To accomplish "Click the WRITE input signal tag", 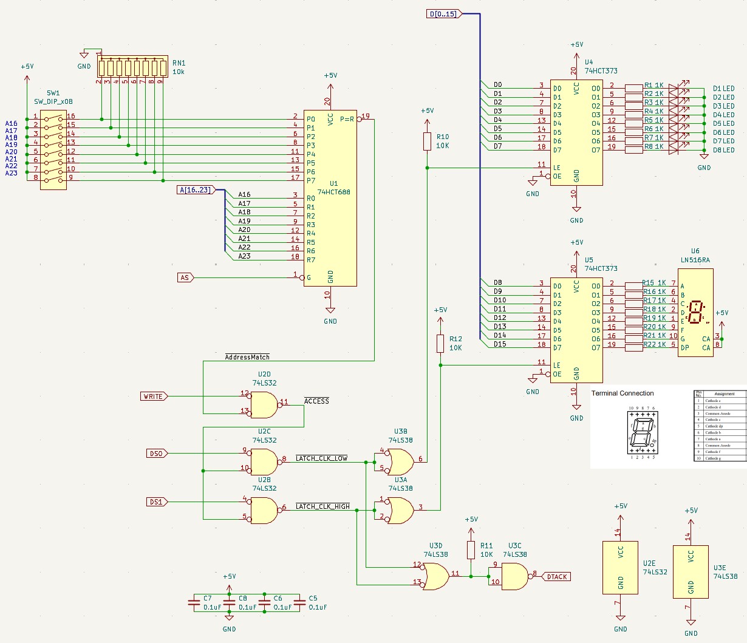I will (x=154, y=396).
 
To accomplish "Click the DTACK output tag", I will (x=556, y=577).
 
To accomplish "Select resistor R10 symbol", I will (x=427, y=141).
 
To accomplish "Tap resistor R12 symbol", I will (x=440, y=344).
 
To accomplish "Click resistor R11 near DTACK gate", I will (x=471, y=550).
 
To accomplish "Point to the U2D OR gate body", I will (x=263, y=405).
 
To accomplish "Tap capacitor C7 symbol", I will (x=194, y=603).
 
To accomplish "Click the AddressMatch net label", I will (x=247, y=357).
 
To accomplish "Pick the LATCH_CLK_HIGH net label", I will (x=322, y=506).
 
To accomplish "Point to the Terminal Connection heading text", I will (x=622, y=393).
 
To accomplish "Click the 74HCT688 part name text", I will (x=334, y=192).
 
